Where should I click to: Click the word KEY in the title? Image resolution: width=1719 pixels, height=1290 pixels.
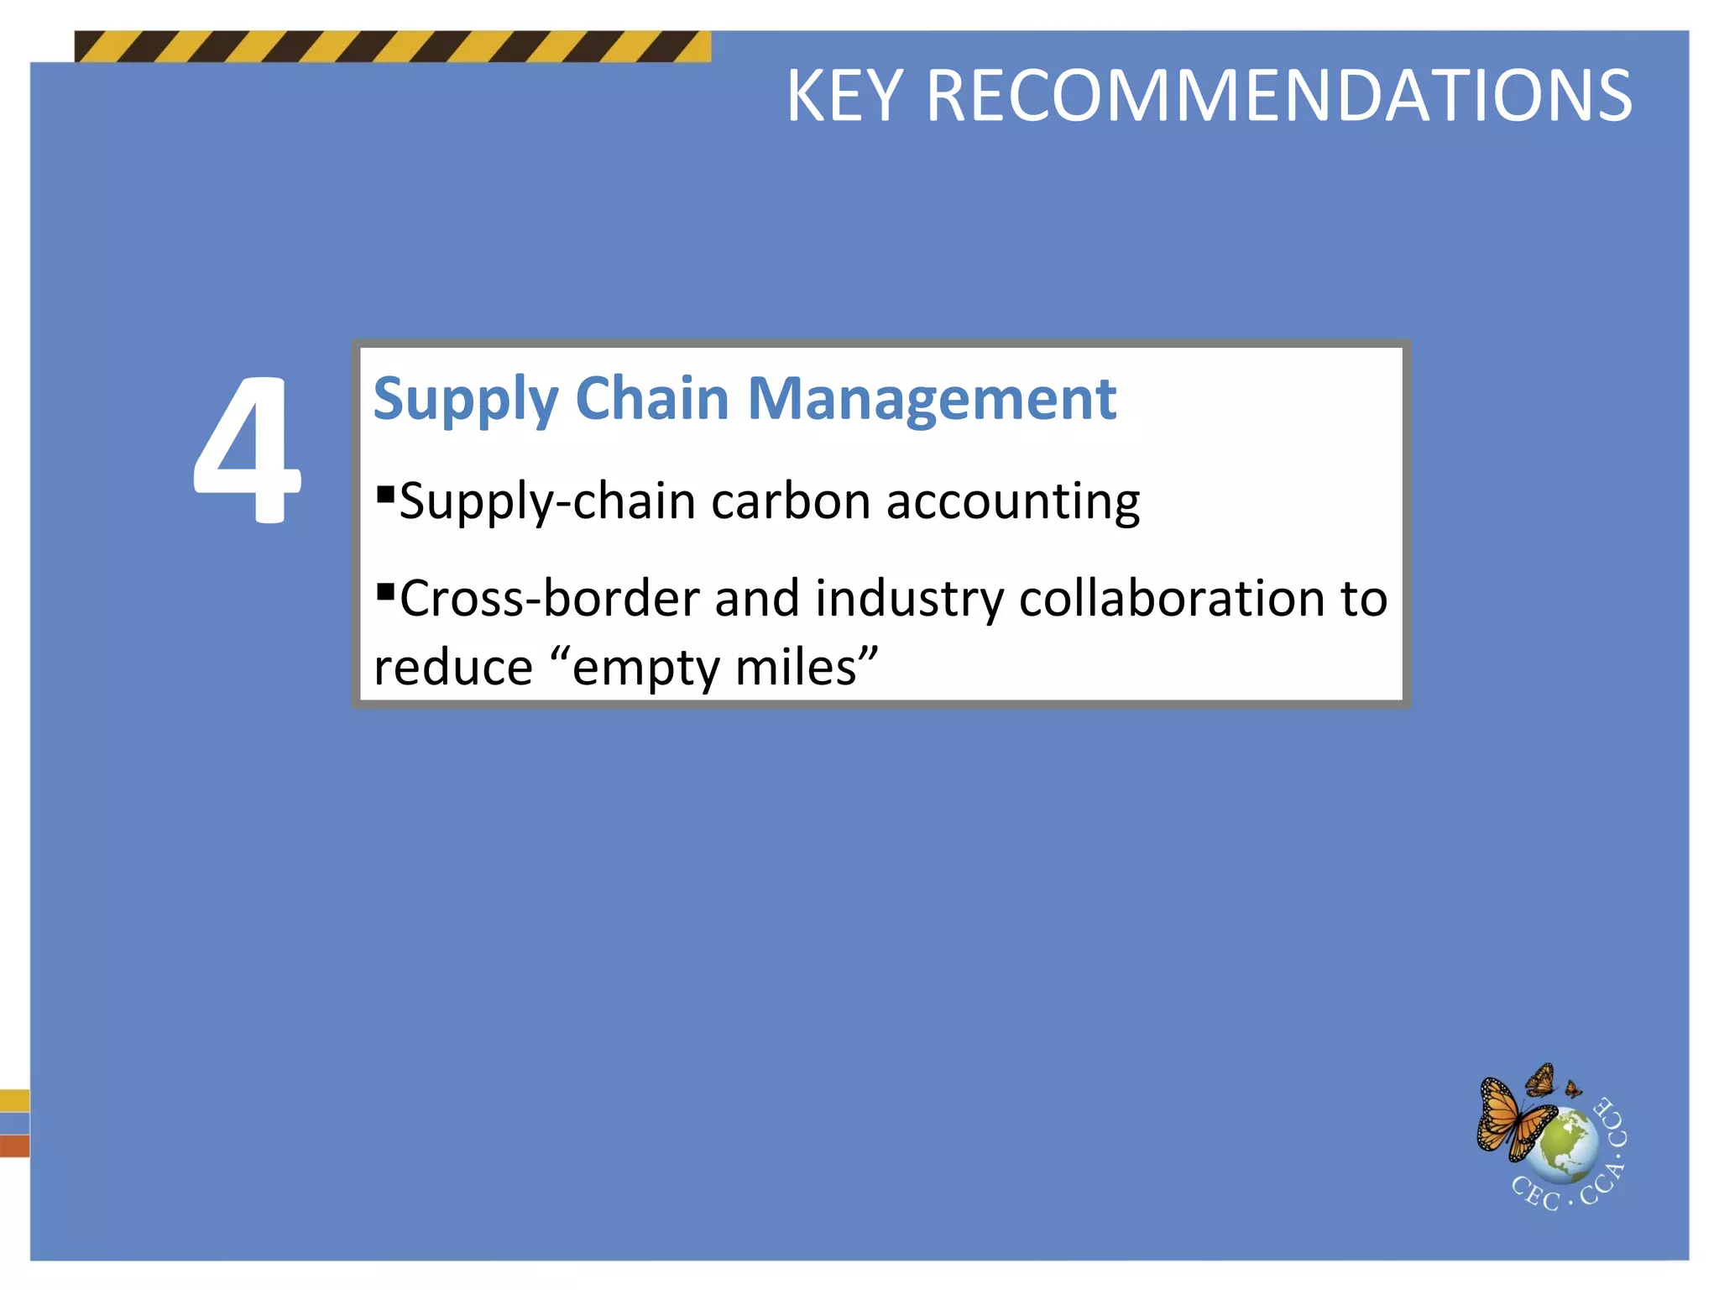(845, 97)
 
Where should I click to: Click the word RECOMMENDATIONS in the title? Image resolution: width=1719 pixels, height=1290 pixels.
(1278, 97)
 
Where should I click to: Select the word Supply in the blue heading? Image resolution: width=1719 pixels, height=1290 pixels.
(466, 401)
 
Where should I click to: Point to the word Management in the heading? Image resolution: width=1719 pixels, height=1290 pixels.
(932, 401)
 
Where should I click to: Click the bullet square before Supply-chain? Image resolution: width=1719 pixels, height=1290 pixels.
(385, 492)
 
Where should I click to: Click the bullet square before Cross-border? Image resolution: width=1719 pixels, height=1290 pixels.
(385, 592)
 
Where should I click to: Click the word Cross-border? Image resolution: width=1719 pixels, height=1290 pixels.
(550, 599)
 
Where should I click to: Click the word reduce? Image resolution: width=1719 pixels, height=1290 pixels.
(453, 668)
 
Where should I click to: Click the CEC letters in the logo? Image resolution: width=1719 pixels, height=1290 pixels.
(1534, 1193)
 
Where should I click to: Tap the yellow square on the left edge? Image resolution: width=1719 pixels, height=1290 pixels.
(14, 1099)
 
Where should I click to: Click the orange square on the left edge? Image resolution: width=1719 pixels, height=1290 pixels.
(14, 1146)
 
